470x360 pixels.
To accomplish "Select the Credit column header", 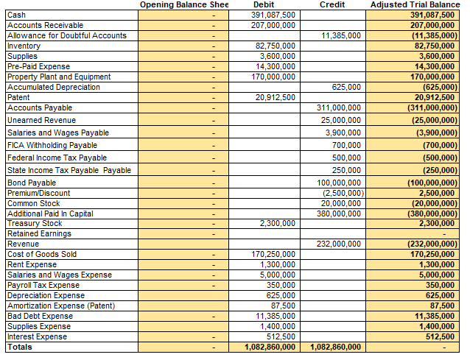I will [x=332, y=5].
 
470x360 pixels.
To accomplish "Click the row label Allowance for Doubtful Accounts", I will [x=66, y=35].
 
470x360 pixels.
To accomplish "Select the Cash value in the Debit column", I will [x=273, y=15].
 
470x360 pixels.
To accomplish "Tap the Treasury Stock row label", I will [x=35, y=223].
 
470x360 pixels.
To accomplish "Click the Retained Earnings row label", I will [x=39, y=233].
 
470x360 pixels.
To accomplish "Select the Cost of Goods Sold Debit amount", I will [x=273, y=254].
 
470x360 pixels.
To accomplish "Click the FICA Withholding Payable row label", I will [x=52, y=145].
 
